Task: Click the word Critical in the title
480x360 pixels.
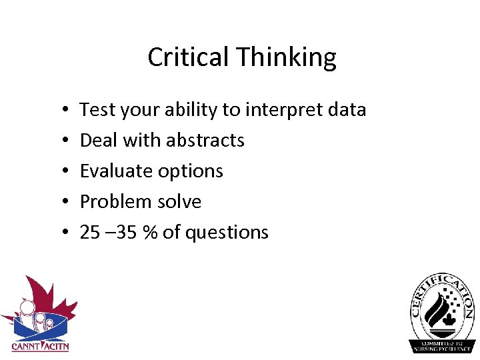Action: (178, 57)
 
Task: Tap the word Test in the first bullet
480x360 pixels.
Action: (97, 109)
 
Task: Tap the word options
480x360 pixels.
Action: (191, 171)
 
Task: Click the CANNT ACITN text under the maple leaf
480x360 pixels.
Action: (40, 346)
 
